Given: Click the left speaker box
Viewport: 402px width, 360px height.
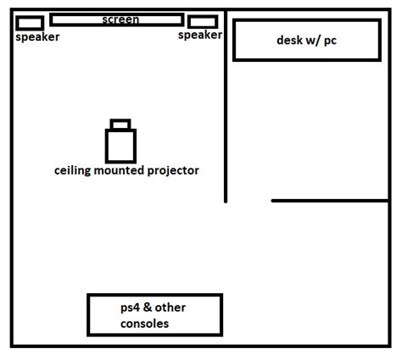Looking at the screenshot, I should coord(30,23).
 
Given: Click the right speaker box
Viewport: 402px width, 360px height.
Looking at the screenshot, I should coord(203,22).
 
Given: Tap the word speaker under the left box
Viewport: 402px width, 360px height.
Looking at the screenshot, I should coord(38,37).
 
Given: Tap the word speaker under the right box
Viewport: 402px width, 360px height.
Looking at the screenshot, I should coord(200,36).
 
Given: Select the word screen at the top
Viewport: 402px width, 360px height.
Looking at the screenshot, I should coord(120,19).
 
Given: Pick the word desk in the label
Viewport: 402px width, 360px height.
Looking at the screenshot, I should coord(290,40).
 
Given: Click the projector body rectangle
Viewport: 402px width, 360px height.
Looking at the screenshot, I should coord(120,145).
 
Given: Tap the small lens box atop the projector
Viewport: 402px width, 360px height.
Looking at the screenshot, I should coord(120,124).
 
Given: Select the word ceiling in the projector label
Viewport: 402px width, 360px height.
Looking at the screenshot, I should coord(74,170).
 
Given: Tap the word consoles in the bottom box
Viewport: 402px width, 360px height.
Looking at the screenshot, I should coord(145,324).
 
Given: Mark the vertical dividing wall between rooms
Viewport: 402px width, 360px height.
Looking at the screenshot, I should coord(226,110).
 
